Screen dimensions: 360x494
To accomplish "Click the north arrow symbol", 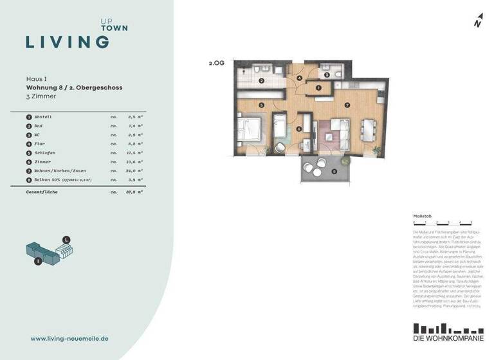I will (478, 21).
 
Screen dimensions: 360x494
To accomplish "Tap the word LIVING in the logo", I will (67, 42).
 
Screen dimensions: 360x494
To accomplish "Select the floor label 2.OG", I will (216, 64).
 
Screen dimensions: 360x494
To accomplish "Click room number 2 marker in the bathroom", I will (262, 81).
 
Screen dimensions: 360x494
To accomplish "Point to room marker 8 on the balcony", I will (334, 171).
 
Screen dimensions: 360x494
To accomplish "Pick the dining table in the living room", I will (369, 130).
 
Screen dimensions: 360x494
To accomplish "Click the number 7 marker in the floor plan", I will (347, 104).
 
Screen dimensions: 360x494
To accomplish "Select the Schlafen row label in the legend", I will (44, 153).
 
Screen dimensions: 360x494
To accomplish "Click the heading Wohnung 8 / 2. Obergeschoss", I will (74, 87).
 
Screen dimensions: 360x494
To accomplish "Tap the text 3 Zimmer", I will (41, 96).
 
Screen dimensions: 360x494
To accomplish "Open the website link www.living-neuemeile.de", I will (69, 337).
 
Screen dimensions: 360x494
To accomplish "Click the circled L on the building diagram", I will (66, 239).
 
